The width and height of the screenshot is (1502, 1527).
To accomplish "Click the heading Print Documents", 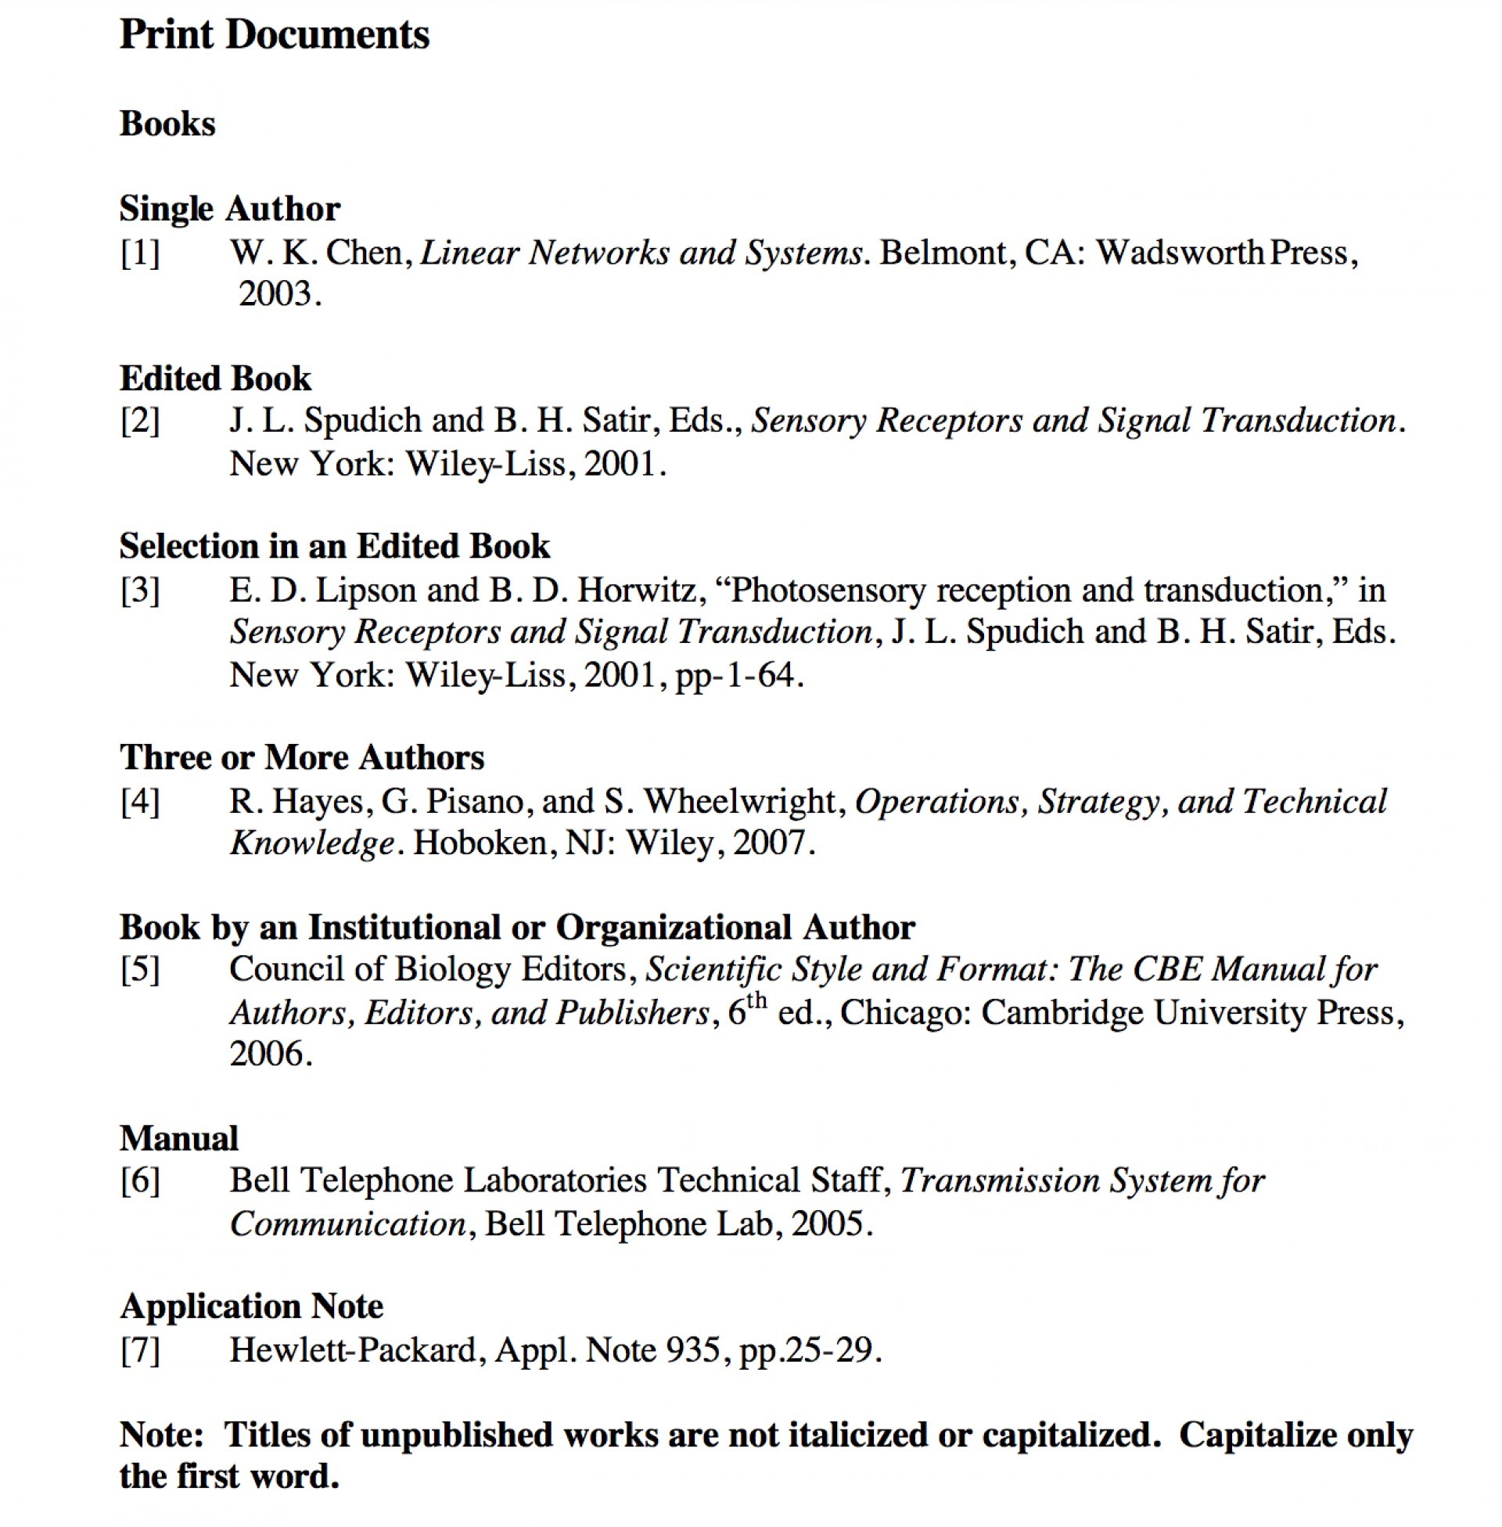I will (x=274, y=35).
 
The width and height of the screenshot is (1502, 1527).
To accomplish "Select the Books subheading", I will (x=167, y=124).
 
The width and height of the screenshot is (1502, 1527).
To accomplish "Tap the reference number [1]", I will (x=140, y=253).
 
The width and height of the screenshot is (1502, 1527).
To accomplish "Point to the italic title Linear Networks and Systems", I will (x=641, y=253).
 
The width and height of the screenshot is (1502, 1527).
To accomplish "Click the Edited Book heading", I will (x=215, y=379).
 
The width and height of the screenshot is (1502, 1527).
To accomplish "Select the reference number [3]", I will (x=140, y=591).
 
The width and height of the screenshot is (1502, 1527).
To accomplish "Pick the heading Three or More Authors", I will (x=301, y=758).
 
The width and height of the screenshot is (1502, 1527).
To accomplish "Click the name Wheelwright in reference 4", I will (x=739, y=802).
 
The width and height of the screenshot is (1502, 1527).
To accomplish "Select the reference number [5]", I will (x=140, y=970).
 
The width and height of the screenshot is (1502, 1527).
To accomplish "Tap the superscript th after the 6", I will (x=756, y=1001).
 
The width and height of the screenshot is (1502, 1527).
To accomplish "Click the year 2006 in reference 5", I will (x=266, y=1055).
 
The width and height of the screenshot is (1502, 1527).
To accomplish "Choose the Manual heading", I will (x=179, y=1139).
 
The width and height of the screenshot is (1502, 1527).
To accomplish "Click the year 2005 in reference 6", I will (x=828, y=1224).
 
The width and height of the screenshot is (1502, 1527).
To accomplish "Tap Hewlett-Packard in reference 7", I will (x=353, y=1350).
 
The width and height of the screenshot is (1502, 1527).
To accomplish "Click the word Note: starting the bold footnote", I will (x=162, y=1435).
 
